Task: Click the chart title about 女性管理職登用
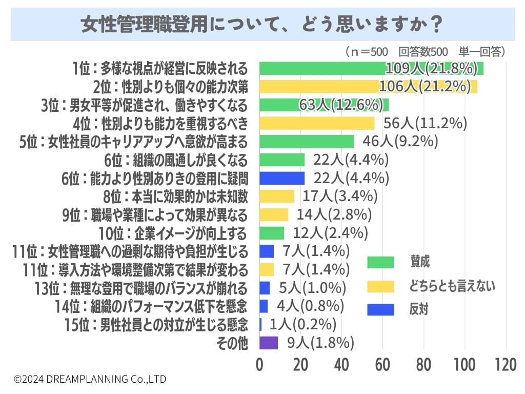[x=262, y=25]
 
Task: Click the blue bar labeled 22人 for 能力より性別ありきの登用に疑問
[x=282, y=178]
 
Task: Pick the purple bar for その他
[x=269, y=343]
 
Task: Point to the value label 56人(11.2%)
[x=425, y=123]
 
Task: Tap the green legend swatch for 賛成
[x=380, y=262]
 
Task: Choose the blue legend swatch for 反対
[x=380, y=309]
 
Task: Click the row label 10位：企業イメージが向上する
[x=173, y=233]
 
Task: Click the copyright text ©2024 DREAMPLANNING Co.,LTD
[x=90, y=379]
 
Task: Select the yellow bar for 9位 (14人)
[x=274, y=214]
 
